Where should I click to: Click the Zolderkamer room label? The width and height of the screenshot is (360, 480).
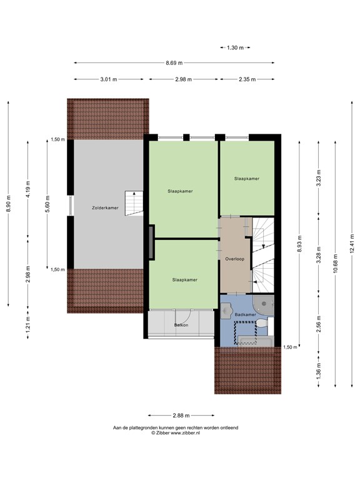(105, 208)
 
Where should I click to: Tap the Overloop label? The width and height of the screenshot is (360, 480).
(235, 259)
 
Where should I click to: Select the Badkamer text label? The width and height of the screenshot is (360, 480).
(245, 315)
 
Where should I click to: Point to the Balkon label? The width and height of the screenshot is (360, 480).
(181, 325)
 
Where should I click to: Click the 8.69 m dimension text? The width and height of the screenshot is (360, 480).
(174, 63)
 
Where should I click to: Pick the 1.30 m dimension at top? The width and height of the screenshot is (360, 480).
(236, 47)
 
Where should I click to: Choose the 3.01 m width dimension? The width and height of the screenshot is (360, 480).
(109, 79)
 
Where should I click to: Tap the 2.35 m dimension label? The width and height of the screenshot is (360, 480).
(247, 79)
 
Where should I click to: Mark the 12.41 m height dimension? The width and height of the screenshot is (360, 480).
(352, 243)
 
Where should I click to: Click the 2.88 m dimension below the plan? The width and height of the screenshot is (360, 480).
(181, 416)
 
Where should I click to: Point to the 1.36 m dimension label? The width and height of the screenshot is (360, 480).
(319, 371)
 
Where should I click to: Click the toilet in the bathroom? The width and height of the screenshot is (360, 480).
(261, 323)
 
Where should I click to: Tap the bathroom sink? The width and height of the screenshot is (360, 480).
(226, 310)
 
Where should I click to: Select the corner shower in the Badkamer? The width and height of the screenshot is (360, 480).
(264, 304)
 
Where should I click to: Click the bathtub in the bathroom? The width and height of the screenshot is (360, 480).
(256, 341)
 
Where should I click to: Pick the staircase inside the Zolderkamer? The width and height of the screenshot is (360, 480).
(134, 203)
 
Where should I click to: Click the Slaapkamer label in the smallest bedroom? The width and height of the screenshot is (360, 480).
(247, 179)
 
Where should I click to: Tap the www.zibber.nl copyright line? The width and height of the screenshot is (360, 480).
(176, 433)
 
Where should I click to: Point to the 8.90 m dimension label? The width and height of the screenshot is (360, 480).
(8, 204)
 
